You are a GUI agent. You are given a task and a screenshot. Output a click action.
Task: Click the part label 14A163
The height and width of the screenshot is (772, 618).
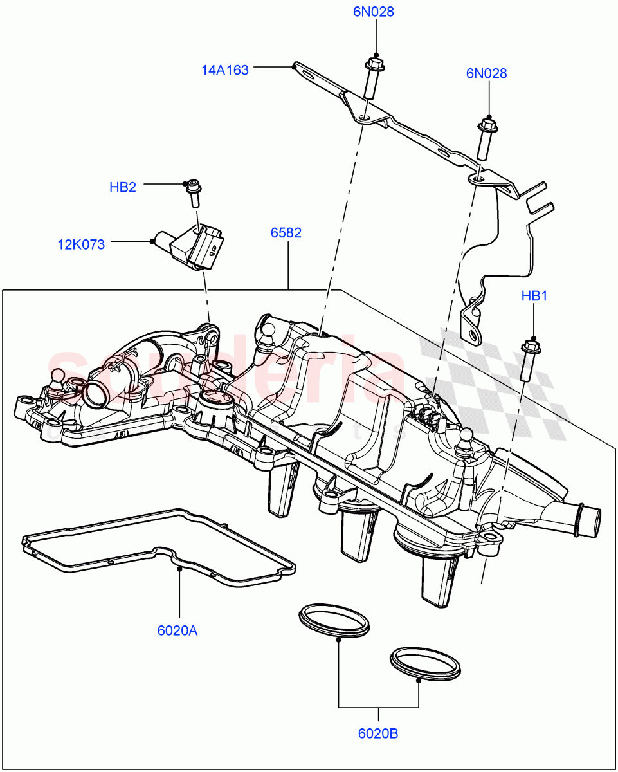[x=225, y=70]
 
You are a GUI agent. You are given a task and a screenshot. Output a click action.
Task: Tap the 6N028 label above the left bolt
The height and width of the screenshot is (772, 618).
[x=373, y=12]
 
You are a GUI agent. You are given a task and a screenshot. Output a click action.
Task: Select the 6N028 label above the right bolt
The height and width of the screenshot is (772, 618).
[x=486, y=73]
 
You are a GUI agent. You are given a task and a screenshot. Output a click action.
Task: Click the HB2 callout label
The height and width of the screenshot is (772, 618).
[x=123, y=187]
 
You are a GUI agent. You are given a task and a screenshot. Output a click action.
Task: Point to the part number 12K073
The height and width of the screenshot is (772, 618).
[x=81, y=244]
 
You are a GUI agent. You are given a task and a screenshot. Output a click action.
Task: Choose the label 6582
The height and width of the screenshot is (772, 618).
[x=286, y=233]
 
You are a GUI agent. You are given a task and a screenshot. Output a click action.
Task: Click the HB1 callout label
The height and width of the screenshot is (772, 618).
[x=534, y=296]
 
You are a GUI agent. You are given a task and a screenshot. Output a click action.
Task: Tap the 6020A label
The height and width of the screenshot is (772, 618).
[x=177, y=630]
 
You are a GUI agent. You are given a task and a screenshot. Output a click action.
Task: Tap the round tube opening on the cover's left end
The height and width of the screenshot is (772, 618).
[x=95, y=394]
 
